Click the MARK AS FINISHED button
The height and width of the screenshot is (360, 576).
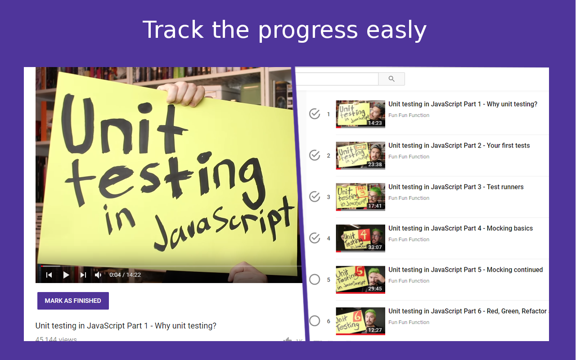tap(73, 301)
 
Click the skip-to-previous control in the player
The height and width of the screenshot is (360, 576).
tap(49, 275)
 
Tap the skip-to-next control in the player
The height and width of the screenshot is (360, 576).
tap(83, 275)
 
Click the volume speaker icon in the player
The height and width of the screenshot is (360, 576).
tap(98, 275)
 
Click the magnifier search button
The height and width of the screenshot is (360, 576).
tap(391, 79)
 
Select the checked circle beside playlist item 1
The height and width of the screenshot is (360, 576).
tap(315, 114)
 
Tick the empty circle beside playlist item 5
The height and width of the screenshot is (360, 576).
tap(315, 279)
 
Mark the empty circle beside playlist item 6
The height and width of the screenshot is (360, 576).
tap(315, 321)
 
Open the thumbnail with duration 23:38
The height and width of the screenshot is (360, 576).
tap(360, 155)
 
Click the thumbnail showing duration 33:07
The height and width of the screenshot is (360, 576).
tap(360, 238)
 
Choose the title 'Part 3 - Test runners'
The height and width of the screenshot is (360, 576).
tap(456, 187)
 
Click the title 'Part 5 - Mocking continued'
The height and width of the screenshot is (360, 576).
tap(465, 270)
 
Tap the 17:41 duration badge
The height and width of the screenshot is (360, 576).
tap(375, 206)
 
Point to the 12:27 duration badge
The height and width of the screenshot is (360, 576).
tap(375, 330)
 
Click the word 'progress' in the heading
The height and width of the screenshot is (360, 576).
tap(308, 31)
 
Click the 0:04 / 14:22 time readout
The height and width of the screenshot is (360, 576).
tap(125, 275)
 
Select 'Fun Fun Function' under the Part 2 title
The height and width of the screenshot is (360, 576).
tap(409, 157)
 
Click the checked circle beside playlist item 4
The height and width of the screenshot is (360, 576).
tap(315, 238)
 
